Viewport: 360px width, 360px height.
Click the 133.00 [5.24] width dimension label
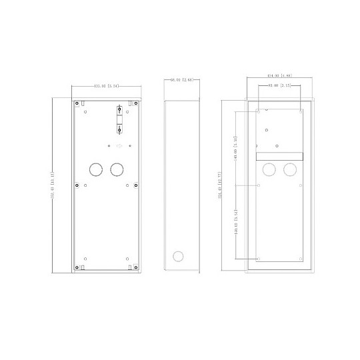tap(107, 86)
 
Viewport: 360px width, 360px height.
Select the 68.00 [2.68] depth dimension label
tap(181, 80)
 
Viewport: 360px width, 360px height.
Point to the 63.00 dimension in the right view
tap(279, 85)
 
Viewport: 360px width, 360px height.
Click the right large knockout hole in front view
tap(118, 169)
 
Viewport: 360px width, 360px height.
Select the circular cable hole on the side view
tap(178, 255)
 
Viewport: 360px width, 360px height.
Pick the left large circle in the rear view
tap(269, 169)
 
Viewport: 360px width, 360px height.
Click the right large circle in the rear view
tap(289, 169)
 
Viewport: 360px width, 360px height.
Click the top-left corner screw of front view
tap(78, 103)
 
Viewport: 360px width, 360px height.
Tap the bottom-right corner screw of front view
tap(135, 267)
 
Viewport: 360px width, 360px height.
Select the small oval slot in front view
tap(119, 145)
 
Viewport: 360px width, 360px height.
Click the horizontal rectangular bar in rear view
tap(279, 156)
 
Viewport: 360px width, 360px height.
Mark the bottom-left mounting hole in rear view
tap(258, 258)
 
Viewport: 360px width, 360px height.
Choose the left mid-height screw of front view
tap(78, 185)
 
